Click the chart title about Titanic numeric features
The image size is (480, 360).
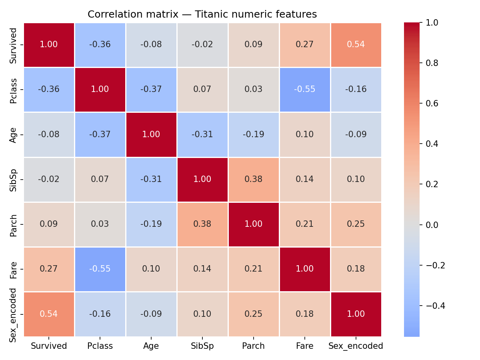[x=202, y=14]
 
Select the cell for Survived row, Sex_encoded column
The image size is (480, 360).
[x=356, y=44]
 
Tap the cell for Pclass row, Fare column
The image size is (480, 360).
[x=305, y=89]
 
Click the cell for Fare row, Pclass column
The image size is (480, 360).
[x=100, y=269]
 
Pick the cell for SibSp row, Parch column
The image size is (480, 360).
[x=254, y=179]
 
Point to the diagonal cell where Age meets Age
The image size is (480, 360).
[x=151, y=134]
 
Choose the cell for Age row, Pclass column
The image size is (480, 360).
[x=100, y=134]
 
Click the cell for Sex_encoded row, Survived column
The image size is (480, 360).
[x=49, y=314]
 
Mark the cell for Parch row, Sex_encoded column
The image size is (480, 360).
[x=356, y=224]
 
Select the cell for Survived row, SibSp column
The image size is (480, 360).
[x=202, y=44]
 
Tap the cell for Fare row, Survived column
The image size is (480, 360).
[x=49, y=269]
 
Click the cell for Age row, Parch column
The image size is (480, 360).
[x=254, y=134]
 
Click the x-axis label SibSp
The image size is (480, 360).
[x=202, y=346]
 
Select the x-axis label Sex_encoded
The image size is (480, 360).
[x=356, y=346]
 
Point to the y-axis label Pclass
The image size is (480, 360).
[x=14, y=89]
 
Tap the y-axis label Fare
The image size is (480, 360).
[x=14, y=269]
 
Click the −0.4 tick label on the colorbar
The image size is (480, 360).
[x=433, y=306]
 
